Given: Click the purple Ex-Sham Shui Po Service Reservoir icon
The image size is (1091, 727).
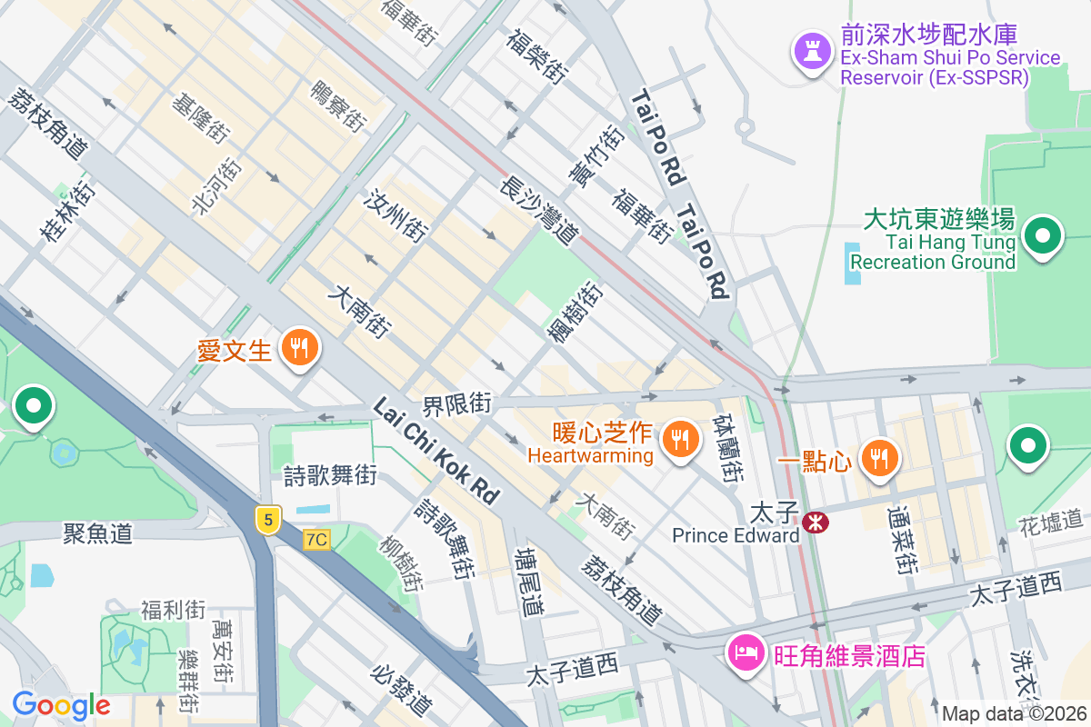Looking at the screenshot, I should coord(808,49).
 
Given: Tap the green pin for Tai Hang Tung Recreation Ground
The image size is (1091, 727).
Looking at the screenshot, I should coord(1043,237).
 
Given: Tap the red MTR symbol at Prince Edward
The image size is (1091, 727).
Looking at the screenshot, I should coord(816,522).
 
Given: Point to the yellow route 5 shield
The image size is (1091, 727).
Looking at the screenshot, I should coord(266,520).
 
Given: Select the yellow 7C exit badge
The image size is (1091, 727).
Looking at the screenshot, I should coord(315,540).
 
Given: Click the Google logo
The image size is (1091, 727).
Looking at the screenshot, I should coord(61,705).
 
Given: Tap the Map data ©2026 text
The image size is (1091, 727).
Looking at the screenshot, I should coord(1013,713).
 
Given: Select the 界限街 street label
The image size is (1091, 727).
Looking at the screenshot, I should coord(456,403).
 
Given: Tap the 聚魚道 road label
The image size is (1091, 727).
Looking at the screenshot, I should coord(98,533).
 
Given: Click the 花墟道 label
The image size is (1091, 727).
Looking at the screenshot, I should coord(1050,522).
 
